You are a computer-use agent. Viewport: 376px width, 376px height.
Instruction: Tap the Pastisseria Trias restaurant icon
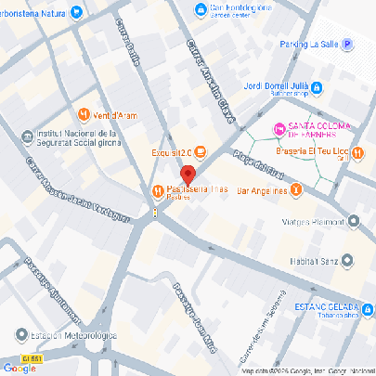coord(157,190)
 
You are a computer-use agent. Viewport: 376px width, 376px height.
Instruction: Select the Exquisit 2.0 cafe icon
coord(201,153)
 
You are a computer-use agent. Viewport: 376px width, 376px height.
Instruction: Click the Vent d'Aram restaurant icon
coord(84,115)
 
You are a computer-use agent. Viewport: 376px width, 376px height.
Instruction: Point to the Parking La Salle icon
coord(347,44)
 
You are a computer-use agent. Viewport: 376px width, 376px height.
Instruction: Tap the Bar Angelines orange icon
coord(295,191)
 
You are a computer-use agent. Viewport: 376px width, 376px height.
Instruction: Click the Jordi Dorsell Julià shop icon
coord(316,88)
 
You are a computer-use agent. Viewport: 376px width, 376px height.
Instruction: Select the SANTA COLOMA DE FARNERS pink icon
coord(276,127)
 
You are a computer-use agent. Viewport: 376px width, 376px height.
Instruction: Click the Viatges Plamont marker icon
coord(354,221)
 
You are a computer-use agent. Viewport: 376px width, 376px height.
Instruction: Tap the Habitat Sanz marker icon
coord(347,260)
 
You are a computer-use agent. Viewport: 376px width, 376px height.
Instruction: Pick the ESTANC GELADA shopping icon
coord(368,307)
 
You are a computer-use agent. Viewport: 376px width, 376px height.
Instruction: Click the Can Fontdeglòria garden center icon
coord(200,10)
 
